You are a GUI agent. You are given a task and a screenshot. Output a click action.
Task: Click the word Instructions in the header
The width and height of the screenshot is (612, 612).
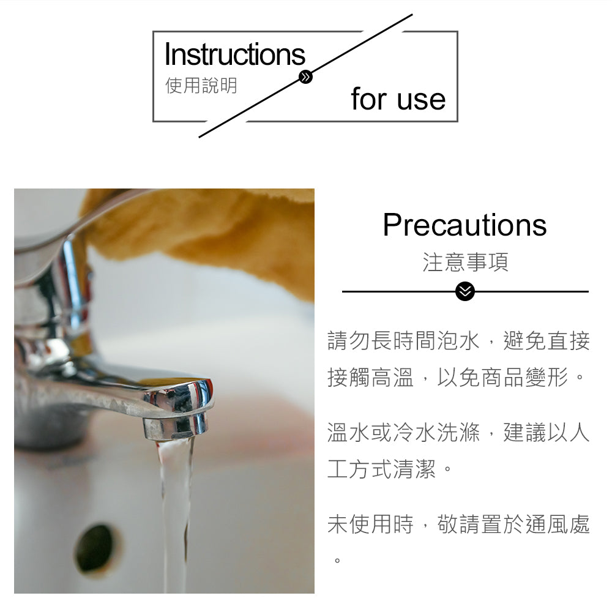tap(234, 54)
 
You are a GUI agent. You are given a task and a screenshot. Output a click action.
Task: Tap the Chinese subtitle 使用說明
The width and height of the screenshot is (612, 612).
tap(201, 86)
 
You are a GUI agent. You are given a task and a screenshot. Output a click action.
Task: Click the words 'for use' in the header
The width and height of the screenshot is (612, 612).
tap(398, 100)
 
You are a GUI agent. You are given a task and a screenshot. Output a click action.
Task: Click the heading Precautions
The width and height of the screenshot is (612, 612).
tap(465, 225)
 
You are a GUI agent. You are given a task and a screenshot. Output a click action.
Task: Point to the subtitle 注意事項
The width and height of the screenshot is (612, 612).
tap(465, 263)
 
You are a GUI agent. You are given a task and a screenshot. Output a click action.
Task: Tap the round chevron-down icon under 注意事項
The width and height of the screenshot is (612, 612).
tap(465, 292)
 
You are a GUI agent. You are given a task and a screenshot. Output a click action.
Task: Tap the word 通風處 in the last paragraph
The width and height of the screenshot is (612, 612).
tap(558, 524)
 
